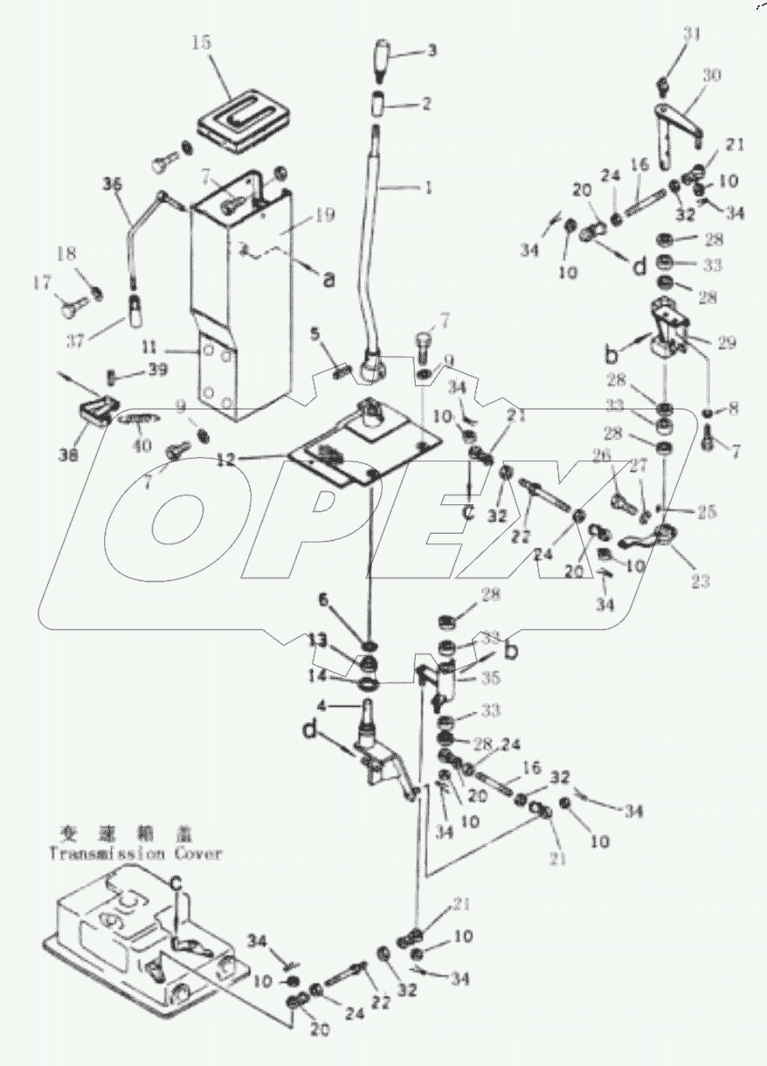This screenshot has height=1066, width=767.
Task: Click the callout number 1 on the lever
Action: pos(428,186)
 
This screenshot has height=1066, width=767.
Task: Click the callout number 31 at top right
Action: pos(692,34)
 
